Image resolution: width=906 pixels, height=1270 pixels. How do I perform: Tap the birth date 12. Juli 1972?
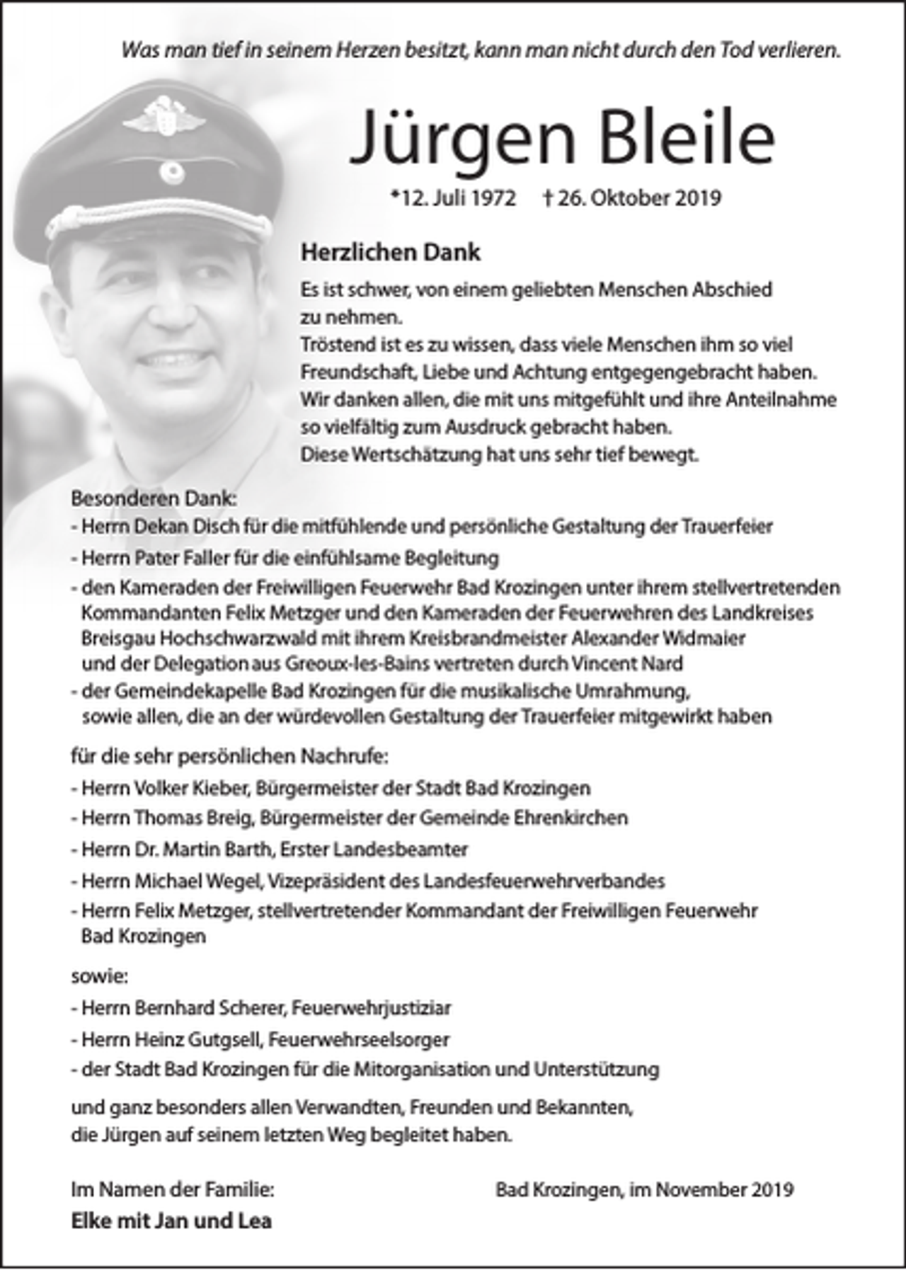click(454, 198)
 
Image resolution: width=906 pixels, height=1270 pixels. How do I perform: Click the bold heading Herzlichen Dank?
click(390, 252)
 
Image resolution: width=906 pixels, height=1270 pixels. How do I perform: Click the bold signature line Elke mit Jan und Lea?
click(171, 1220)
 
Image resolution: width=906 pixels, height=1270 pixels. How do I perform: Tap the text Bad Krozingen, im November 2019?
click(644, 1190)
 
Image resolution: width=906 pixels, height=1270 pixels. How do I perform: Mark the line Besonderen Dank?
click(153, 498)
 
